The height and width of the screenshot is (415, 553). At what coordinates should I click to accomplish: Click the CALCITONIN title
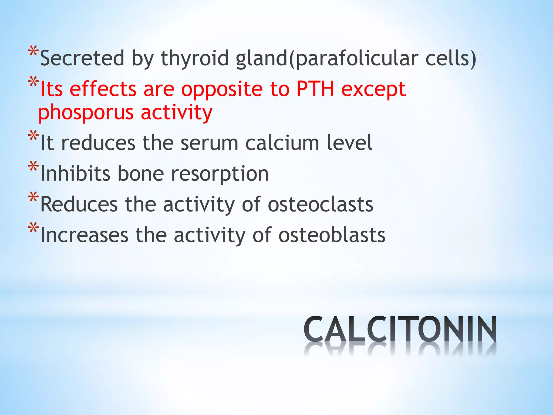click(x=400, y=329)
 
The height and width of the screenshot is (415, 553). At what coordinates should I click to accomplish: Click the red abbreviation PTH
click(x=315, y=89)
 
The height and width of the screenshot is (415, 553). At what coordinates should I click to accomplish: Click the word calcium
click(x=282, y=143)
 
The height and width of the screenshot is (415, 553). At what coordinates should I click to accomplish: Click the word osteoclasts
click(x=321, y=205)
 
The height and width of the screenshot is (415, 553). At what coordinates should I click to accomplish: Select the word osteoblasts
click(x=332, y=235)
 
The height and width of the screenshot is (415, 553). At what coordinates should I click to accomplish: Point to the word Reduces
click(x=79, y=205)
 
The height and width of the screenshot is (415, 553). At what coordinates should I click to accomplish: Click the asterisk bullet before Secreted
click(x=33, y=51)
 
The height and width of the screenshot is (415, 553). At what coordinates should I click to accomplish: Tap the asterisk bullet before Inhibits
click(x=33, y=166)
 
